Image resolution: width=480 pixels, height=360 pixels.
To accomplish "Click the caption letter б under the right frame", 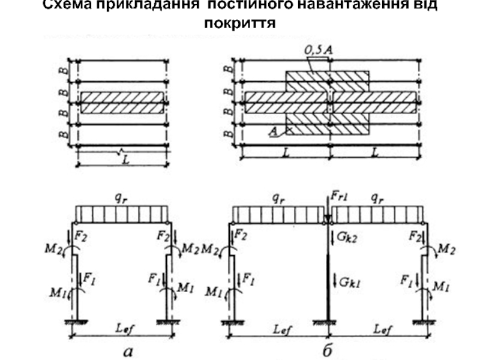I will tap(328, 350).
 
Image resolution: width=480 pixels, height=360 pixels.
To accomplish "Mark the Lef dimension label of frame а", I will tap(123, 328).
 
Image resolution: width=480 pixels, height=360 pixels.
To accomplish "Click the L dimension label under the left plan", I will tap(125, 160).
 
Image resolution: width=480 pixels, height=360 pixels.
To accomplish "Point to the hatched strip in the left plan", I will tap(122, 103).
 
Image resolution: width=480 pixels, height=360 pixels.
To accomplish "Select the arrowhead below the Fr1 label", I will tap(328, 218).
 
